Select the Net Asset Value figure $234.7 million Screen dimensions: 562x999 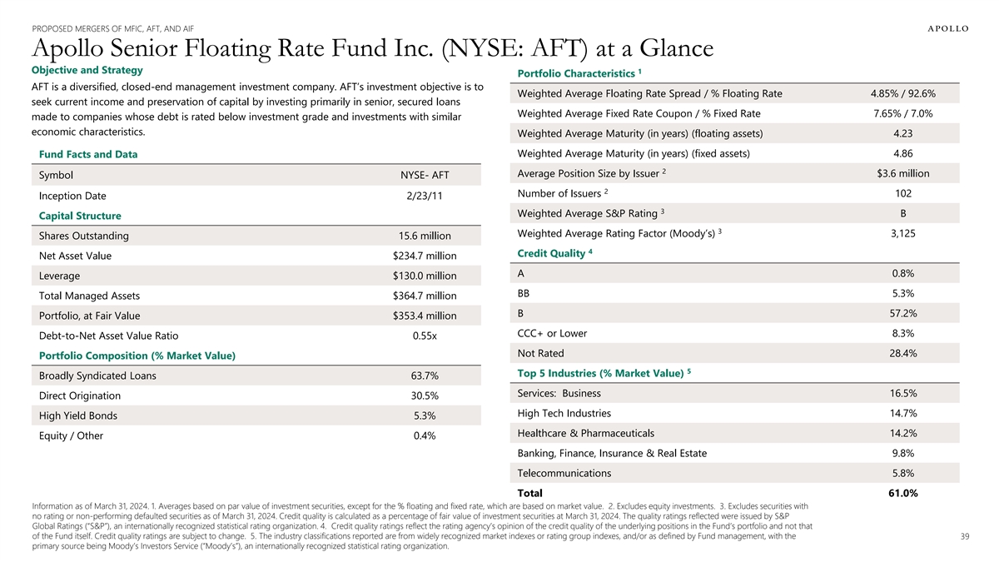click(x=425, y=256)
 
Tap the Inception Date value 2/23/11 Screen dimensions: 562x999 click(x=425, y=196)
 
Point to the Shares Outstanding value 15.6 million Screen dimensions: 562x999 click(x=425, y=236)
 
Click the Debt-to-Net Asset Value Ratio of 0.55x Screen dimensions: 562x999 click(x=425, y=336)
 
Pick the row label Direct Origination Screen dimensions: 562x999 click(x=80, y=395)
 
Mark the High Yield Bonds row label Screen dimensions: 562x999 click(x=78, y=415)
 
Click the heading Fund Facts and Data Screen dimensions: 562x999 click(x=88, y=154)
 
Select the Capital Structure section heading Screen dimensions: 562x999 click(x=81, y=216)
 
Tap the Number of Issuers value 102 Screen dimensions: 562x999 click(x=903, y=193)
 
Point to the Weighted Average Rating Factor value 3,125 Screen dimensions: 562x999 click(x=903, y=233)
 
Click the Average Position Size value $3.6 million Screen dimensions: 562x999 click(x=903, y=173)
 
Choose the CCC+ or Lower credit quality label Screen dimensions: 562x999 click(x=552, y=333)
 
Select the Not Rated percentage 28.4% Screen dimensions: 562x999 click(x=903, y=353)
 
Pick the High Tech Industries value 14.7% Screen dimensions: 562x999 click(x=903, y=413)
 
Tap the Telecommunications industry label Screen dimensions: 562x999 click(x=564, y=473)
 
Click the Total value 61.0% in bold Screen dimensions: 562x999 click(x=903, y=493)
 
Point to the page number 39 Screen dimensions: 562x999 click(x=964, y=536)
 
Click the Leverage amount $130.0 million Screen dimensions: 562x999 click(x=425, y=276)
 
